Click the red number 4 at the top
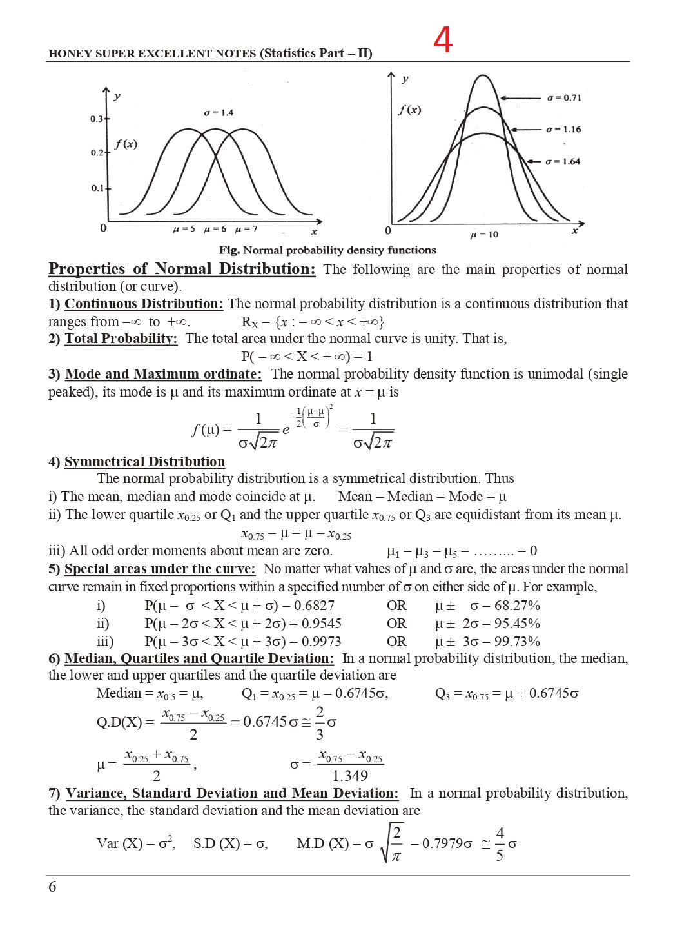click(443, 41)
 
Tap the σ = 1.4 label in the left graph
click(219, 113)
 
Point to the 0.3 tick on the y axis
click(97, 119)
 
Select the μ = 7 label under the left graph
click(247, 230)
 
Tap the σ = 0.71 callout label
click(564, 98)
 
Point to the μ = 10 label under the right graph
click(484, 235)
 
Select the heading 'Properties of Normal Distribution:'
click(182, 269)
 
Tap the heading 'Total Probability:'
click(121, 339)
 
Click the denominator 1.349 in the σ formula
click(350, 776)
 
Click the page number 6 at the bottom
click(52, 887)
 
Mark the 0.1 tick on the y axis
click(97, 188)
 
